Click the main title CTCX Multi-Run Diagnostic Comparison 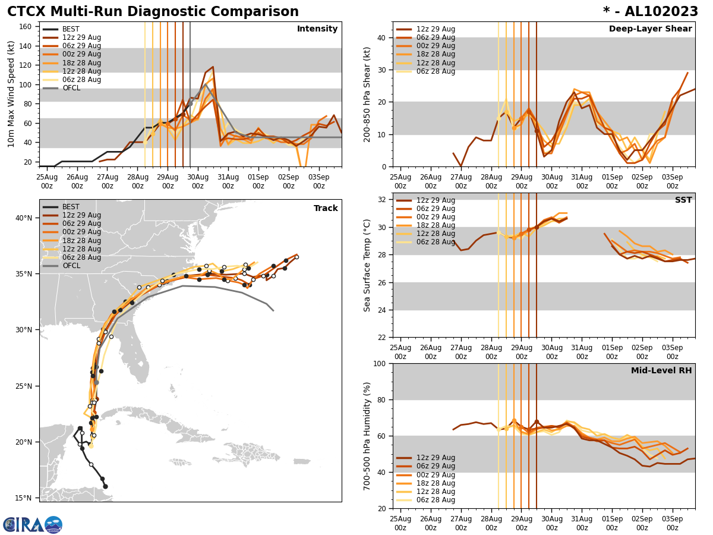pyautogui.click(x=153, y=12)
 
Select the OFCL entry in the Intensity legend pyautogui.click(x=71, y=88)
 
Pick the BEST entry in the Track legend pyautogui.click(x=71, y=207)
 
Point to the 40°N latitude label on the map pyautogui.click(x=23, y=218)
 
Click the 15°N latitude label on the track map pyautogui.click(x=23, y=498)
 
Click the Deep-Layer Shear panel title pyautogui.click(x=650, y=29)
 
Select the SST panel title pyautogui.click(x=683, y=200)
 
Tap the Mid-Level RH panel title pyautogui.click(x=661, y=371)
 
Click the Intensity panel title pyautogui.click(x=317, y=29)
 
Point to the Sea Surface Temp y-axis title pyautogui.click(x=367, y=265)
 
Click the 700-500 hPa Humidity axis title pyautogui.click(x=367, y=436)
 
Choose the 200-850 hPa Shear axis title pyautogui.click(x=367, y=94)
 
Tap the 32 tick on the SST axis pyautogui.click(x=383, y=200)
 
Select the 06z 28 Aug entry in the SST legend pyautogui.click(x=436, y=242)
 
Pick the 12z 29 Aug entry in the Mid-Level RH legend pyautogui.click(x=436, y=458)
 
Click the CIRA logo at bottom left pyautogui.click(x=33, y=524)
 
